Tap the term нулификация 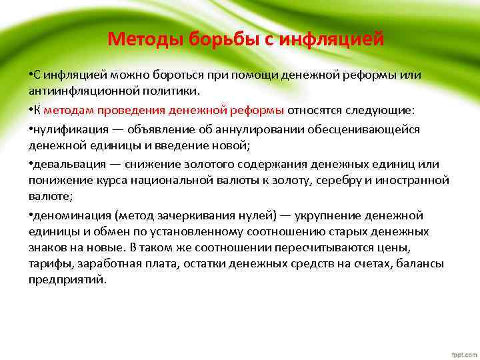65,129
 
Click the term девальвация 66,165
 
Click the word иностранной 417,180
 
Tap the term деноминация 71,215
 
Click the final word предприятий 67,279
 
